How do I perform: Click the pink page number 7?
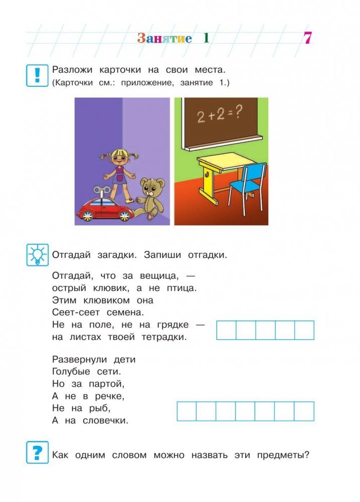(x=307, y=39)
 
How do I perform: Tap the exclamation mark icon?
(x=37, y=75)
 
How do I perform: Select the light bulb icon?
(x=37, y=255)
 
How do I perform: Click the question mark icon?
(x=37, y=453)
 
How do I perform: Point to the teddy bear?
(x=150, y=197)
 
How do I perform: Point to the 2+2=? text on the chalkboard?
(x=220, y=116)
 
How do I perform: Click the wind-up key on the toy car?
(x=103, y=189)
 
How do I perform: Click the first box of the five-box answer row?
(x=226, y=330)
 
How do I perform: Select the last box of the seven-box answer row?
(x=304, y=411)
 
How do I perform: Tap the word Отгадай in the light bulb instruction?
(x=71, y=255)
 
